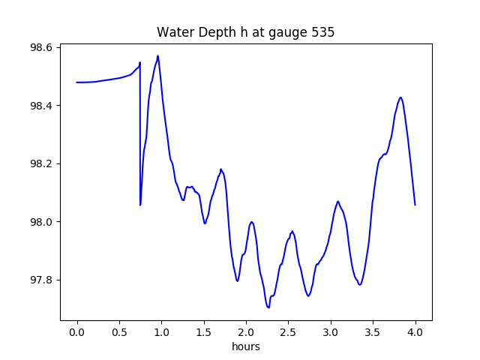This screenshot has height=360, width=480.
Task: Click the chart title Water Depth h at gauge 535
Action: (x=245, y=33)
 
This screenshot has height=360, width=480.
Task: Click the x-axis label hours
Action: (x=246, y=347)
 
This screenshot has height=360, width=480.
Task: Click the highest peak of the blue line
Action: (x=157, y=55)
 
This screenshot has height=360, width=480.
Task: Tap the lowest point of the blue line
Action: (x=268, y=307)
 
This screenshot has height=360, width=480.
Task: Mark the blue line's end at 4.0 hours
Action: (x=415, y=205)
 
